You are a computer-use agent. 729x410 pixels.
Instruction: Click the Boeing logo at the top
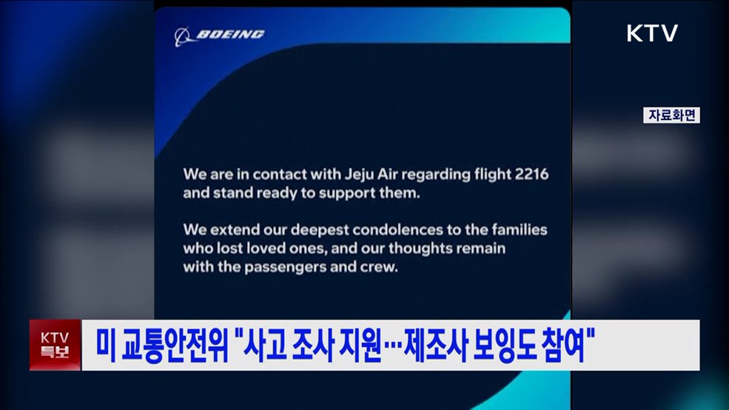(219, 35)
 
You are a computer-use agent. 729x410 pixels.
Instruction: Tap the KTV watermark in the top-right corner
(652, 33)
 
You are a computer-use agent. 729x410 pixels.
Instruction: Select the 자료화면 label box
(671, 115)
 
